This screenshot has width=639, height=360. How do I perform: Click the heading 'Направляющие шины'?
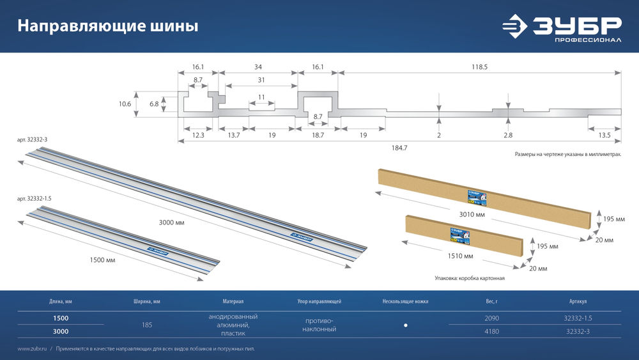[x=107, y=26]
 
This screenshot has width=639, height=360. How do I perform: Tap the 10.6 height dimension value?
[x=125, y=104]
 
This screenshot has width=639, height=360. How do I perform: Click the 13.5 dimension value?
[x=604, y=135]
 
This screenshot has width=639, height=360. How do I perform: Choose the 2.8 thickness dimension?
[x=508, y=135]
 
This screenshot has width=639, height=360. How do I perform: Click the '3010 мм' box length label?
[x=472, y=215]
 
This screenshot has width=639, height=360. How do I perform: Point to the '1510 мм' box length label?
[x=459, y=256]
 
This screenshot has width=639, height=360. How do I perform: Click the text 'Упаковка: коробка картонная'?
[x=470, y=279]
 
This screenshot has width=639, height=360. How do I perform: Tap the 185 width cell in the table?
[x=147, y=325]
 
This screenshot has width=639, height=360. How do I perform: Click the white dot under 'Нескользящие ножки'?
[x=406, y=325]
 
